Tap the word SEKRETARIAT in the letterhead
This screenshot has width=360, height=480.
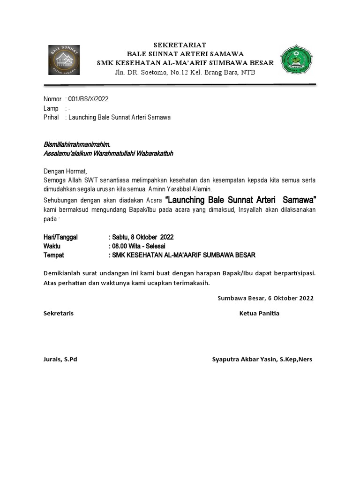pos(180,45)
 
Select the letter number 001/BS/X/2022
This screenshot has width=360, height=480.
pos(89,99)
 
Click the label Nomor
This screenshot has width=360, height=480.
pos(52,99)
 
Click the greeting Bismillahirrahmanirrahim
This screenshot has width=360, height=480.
pos(77,144)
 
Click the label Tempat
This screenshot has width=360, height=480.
pos(53,255)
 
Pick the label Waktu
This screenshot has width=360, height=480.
pos(52,246)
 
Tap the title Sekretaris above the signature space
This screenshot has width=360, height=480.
pos(58,313)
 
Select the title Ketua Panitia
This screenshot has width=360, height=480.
pos(259,313)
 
